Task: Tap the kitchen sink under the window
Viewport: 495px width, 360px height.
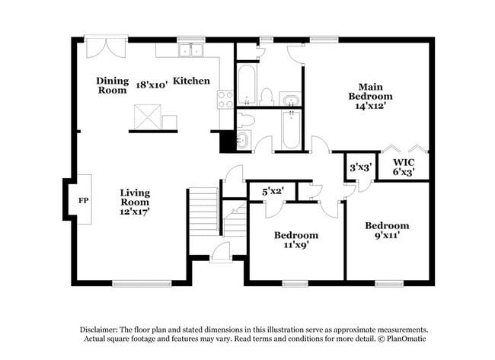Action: click(191, 51)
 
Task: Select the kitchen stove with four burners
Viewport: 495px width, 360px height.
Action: click(225, 99)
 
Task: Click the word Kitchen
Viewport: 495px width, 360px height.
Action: click(191, 81)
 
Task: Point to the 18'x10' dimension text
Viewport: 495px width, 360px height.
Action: click(151, 84)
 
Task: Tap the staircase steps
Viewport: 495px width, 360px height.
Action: click(203, 212)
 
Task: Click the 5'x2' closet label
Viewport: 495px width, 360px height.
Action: click(273, 191)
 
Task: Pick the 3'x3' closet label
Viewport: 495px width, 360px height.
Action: click(359, 167)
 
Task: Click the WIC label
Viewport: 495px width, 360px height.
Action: click(404, 162)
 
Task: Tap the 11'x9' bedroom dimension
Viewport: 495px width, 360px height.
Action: click(296, 246)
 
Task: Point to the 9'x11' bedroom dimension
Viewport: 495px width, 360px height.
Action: click(386, 236)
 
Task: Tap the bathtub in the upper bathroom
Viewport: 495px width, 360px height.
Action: click(246, 84)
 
